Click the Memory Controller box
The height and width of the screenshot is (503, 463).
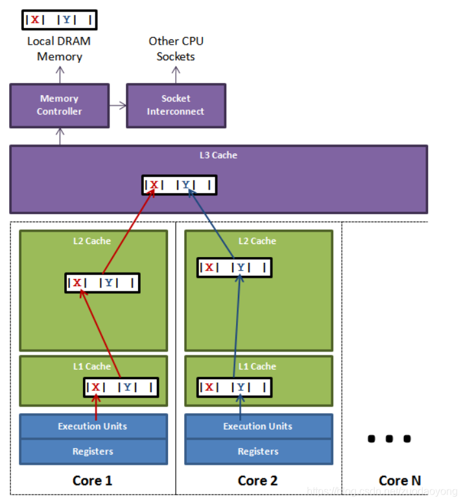[x=59, y=106]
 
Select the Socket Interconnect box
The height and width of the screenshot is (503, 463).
[x=176, y=106]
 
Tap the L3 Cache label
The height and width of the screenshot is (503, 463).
[x=218, y=155]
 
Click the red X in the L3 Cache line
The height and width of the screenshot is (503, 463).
[x=154, y=185]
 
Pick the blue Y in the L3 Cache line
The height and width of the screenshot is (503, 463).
[x=186, y=185]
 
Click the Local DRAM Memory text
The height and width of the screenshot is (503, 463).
[x=59, y=49]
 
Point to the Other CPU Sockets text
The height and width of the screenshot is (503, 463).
[x=176, y=49]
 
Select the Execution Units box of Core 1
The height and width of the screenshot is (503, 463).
[x=93, y=426]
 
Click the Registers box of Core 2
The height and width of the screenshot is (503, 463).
[x=258, y=451]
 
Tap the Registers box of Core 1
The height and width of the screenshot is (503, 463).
[x=93, y=451]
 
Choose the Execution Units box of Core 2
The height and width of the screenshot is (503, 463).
[x=258, y=426]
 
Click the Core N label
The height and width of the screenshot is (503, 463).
[x=399, y=480]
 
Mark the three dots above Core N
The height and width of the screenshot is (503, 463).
[x=389, y=439]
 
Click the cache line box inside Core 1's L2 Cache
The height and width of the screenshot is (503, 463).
[x=102, y=283]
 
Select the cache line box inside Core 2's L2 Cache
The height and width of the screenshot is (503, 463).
[x=234, y=267]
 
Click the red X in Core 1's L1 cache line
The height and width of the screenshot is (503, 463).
[x=95, y=387]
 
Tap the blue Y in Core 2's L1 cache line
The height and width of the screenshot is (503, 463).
[x=241, y=387]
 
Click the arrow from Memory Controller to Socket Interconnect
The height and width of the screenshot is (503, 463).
[x=117, y=105]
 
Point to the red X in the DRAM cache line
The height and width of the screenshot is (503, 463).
[x=34, y=19]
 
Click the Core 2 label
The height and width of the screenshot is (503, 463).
[x=257, y=480]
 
